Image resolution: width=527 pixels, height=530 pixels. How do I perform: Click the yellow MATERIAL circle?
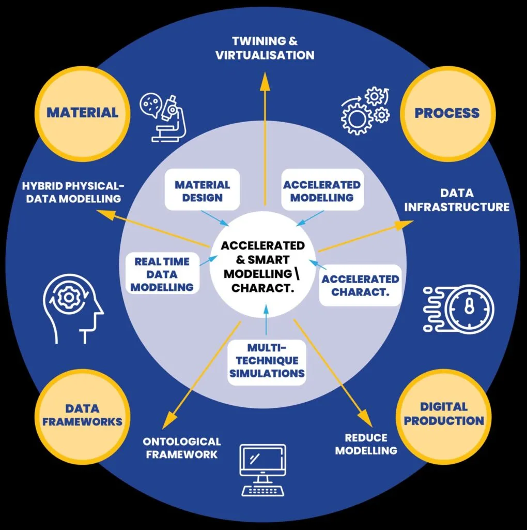point(82,113)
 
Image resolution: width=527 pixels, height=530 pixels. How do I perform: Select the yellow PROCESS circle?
point(448,113)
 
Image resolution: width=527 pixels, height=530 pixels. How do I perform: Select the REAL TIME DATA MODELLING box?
point(162,273)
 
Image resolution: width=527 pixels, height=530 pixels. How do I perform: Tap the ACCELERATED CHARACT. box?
point(360,285)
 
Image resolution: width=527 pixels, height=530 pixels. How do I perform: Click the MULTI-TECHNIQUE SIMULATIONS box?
point(267,361)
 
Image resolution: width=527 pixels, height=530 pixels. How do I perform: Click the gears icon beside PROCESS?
point(365,111)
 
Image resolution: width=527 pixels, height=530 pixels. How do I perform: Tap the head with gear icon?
point(73,308)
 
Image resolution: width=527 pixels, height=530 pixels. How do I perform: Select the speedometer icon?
point(458,308)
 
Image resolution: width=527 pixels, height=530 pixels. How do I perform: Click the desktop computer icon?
point(263,470)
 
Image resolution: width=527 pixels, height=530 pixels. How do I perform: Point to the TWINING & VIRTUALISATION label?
point(265,48)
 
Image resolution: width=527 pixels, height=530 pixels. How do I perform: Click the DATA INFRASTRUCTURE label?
point(457,200)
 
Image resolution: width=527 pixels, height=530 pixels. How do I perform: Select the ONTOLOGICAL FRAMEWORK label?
point(181,448)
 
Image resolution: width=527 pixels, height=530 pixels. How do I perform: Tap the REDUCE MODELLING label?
point(366,444)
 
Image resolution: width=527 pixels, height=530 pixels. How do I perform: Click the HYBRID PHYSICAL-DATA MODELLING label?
point(73,192)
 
